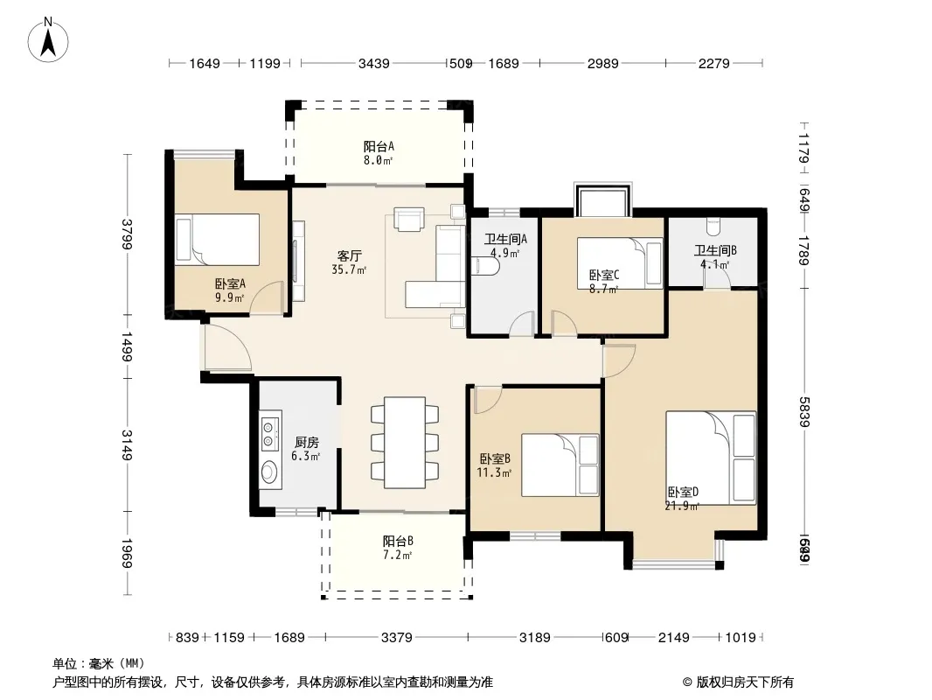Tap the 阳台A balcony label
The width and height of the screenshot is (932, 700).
coord(379,146)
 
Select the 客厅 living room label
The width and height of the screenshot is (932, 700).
coord(350,256)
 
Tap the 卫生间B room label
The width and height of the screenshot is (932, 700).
coord(715,249)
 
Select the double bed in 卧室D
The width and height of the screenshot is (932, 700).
coord(711,458)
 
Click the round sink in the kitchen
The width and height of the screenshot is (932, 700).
coord(269,473)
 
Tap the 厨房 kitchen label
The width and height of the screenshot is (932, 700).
coord(305,443)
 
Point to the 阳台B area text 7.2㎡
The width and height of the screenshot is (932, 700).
coord(398,555)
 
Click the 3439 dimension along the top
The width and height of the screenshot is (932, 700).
coord(373,63)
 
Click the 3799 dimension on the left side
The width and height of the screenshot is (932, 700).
coord(128,234)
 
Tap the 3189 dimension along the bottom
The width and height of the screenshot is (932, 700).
coord(535,638)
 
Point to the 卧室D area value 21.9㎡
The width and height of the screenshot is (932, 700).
coord(682,505)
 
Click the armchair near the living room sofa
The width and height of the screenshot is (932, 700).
coord(408,219)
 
